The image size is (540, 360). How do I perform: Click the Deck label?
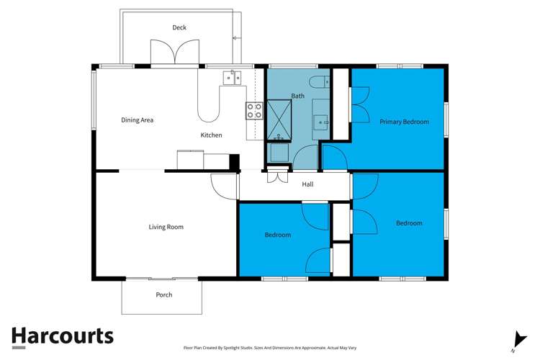(179, 27)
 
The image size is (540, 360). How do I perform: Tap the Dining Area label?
(137, 120)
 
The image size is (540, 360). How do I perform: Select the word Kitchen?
(211, 135)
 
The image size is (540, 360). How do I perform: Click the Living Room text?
(166, 227)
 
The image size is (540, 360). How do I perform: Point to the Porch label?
(164, 294)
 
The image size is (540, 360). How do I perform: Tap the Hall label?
(307, 184)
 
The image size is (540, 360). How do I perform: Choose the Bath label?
(297, 96)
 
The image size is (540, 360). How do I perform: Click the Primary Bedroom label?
(404, 122)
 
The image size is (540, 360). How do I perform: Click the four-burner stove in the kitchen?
(254, 111)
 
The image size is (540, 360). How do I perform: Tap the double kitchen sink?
(231, 76)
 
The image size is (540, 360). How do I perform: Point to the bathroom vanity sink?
(321, 122)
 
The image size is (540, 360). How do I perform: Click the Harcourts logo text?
(62, 336)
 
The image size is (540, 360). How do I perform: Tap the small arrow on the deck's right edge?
(235, 37)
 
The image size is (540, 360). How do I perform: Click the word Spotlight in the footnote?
(248, 346)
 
